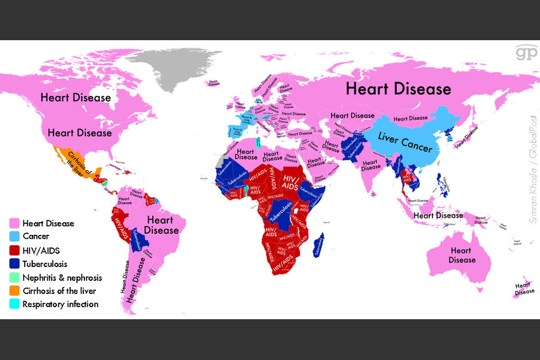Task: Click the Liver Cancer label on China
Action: [x=405, y=142]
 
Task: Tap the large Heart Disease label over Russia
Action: [x=398, y=89]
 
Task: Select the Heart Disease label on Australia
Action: [x=462, y=255]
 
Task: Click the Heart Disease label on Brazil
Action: [x=161, y=224]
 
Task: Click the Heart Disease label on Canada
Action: [x=75, y=97]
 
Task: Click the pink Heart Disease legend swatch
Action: [x=14, y=223]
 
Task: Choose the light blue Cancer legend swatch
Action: [x=14, y=237]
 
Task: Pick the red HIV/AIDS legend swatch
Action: [x=14, y=250]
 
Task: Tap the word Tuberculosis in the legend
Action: [x=45, y=264]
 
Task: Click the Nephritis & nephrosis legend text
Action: [x=62, y=277]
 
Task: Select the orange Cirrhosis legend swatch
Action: [x=14, y=291]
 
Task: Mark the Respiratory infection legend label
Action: [x=60, y=304]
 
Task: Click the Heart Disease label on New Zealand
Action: [x=523, y=288]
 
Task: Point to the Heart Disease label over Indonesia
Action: [x=438, y=215]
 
